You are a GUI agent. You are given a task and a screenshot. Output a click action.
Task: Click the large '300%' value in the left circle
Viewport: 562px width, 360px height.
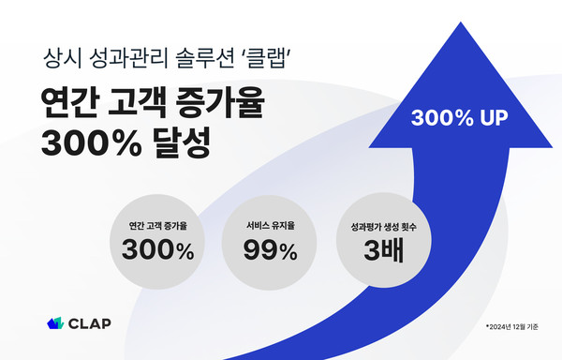[157, 251]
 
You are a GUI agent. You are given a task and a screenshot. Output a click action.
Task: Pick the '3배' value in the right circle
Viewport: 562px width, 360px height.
[384, 251]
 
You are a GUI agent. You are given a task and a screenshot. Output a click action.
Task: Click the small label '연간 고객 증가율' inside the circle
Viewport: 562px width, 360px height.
[157, 226]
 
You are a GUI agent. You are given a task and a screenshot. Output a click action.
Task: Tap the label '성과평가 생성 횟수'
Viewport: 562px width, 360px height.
[384, 226]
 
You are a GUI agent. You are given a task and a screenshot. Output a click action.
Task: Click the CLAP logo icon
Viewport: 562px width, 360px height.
[55, 324]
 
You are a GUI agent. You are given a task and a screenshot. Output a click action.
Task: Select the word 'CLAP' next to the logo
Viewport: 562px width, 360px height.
[90, 324]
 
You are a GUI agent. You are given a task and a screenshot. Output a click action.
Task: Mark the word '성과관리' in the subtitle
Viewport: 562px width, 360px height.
[131, 58]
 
